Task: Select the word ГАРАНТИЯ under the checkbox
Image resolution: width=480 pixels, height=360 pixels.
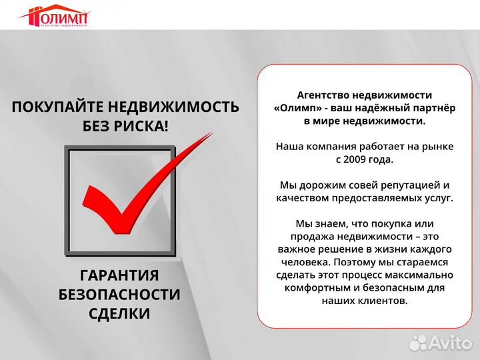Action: pyautogui.click(x=119, y=276)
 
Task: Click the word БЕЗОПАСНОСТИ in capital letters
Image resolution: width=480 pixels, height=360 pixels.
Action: pyautogui.click(x=119, y=295)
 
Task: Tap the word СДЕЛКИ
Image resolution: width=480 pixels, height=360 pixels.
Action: pyautogui.click(x=119, y=313)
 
